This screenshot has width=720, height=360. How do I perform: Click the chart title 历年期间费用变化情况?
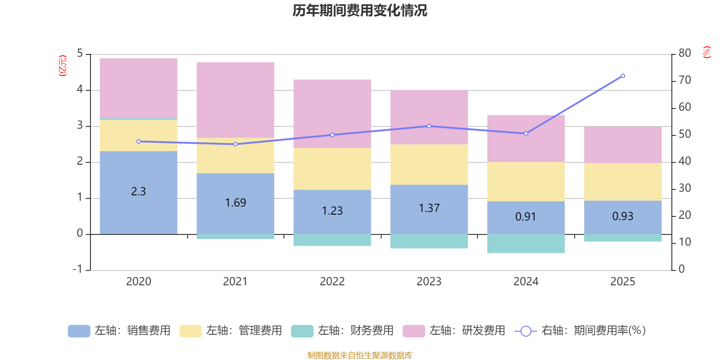click(x=360, y=10)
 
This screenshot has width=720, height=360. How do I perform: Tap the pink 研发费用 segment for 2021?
click(x=235, y=100)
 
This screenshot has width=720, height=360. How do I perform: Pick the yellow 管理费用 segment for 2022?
click(x=332, y=169)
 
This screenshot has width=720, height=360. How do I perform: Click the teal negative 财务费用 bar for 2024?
click(x=526, y=243)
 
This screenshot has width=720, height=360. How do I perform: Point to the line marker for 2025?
click(x=623, y=76)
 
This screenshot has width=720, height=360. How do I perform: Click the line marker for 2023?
click(x=429, y=126)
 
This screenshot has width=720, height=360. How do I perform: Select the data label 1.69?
click(x=235, y=203)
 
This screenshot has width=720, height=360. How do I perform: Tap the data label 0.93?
click(x=622, y=216)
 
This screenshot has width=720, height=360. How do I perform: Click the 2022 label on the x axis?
click(x=332, y=282)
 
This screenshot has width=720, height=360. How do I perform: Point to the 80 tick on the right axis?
click(x=684, y=53)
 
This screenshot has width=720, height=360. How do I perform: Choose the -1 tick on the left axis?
click(x=77, y=269)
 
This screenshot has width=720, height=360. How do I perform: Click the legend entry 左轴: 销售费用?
click(x=119, y=331)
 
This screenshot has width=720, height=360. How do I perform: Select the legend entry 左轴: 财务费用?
click(x=342, y=331)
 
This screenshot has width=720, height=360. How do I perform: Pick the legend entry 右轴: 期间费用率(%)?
click(x=580, y=331)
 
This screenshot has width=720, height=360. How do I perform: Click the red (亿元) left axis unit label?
click(x=63, y=66)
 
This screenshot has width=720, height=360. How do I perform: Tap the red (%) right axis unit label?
click(x=706, y=52)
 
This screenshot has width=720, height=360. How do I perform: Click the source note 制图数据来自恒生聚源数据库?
click(x=360, y=355)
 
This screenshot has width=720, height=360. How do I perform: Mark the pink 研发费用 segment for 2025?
click(x=623, y=144)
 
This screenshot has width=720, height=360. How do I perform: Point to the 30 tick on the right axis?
click(x=684, y=188)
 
